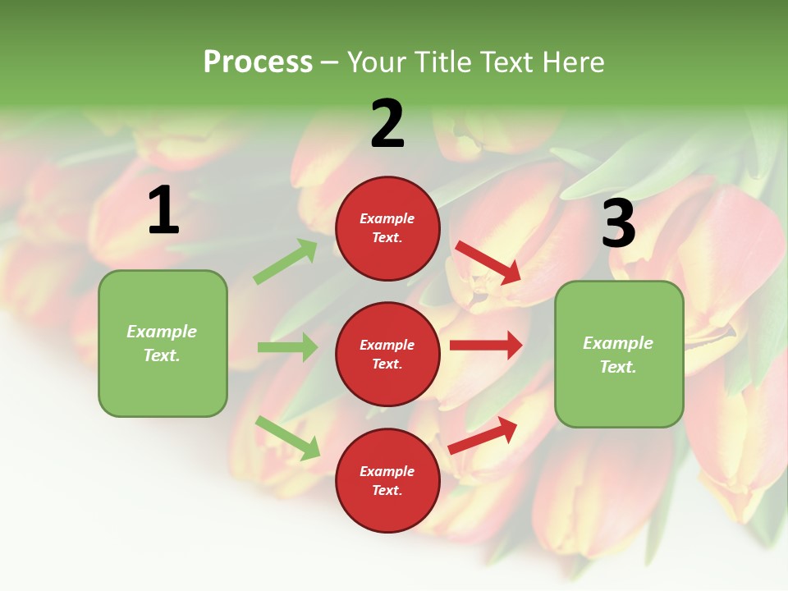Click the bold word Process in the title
point(258,62)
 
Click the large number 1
point(163,211)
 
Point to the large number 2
point(387,124)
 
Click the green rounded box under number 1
point(163,343)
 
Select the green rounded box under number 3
point(619,355)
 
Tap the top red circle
point(387,228)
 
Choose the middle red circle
point(387,354)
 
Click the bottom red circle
point(387,480)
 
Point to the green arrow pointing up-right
point(286,262)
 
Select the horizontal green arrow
point(287,347)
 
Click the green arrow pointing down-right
point(287,438)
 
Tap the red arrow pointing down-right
point(489,262)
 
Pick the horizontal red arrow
point(486,346)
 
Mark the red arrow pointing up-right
point(483,434)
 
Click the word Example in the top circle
point(387,218)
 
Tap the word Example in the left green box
point(162,332)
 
